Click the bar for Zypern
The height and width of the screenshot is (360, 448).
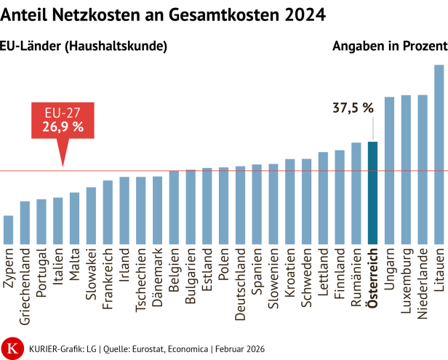8,230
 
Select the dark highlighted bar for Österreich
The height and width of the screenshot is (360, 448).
372,193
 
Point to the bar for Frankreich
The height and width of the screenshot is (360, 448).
108,212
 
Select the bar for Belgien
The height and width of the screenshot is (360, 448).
174,207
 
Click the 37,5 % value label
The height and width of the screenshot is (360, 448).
353,108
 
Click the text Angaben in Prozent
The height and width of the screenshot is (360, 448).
389,46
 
